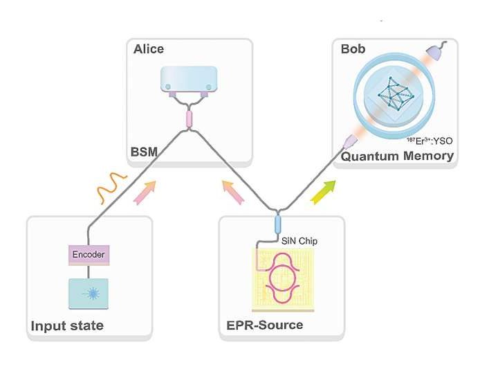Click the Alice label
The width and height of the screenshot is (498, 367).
pyautogui.click(x=148, y=49)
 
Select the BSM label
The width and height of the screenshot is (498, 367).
pyautogui.click(x=147, y=150)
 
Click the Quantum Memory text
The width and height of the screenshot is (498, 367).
pyautogui.click(x=396, y=156)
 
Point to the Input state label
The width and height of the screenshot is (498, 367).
pyautogui.click(x=66, y=325)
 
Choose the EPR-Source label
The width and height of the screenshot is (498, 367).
pyautogui.click(x=264, y=325)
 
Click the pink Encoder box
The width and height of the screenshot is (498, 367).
pyautogui.click(x=89, y=254)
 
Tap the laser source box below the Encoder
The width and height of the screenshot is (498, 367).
pyautogui.click(x=89, y=292)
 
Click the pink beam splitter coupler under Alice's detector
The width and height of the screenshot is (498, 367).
pyautogui.click(x=189, y=120)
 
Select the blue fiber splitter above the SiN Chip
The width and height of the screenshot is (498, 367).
pyautogui.click(x=279, y=225)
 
